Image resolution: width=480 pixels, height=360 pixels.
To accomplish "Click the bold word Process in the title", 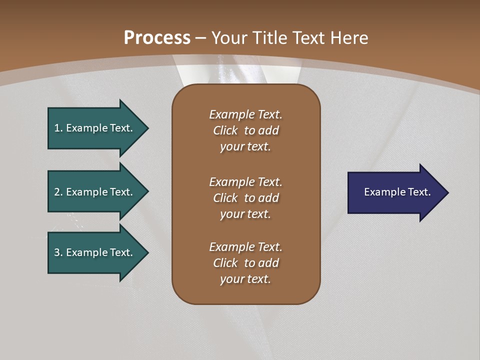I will (157, 37).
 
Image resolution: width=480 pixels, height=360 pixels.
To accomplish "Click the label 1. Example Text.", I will (93, 128).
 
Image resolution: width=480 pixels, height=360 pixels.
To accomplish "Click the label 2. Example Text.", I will (93, 192).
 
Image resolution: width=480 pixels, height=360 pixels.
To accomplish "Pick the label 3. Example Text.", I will (93, 252).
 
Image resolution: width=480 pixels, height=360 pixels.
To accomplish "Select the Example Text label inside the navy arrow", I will (397, 192).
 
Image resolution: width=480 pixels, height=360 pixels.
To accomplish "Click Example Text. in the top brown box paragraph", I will (245, 114).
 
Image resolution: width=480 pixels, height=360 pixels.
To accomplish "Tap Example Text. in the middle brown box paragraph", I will (245, 182).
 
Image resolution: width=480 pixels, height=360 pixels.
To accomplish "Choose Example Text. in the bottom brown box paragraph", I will (245, 247).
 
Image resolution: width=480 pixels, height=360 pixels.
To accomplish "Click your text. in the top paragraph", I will (245, 147).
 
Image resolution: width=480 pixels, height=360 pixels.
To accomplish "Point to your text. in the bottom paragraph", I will (245, 279).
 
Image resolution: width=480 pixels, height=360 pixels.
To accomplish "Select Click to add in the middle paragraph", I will (245, 198).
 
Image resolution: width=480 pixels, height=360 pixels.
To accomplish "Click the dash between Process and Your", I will (200, 38).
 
